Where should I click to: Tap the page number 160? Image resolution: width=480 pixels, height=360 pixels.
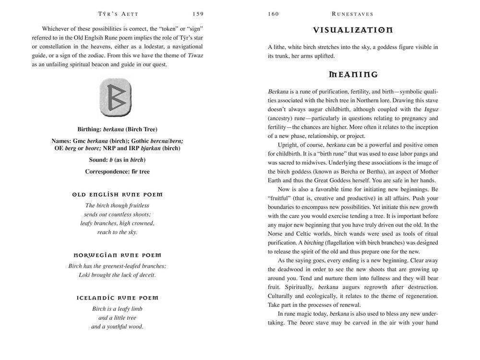point(273,14)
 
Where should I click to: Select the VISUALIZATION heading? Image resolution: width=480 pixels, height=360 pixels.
point(353,30)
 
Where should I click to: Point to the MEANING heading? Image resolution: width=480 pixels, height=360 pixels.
point(353,74)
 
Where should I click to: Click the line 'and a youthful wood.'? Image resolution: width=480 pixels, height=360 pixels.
point(117,327)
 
